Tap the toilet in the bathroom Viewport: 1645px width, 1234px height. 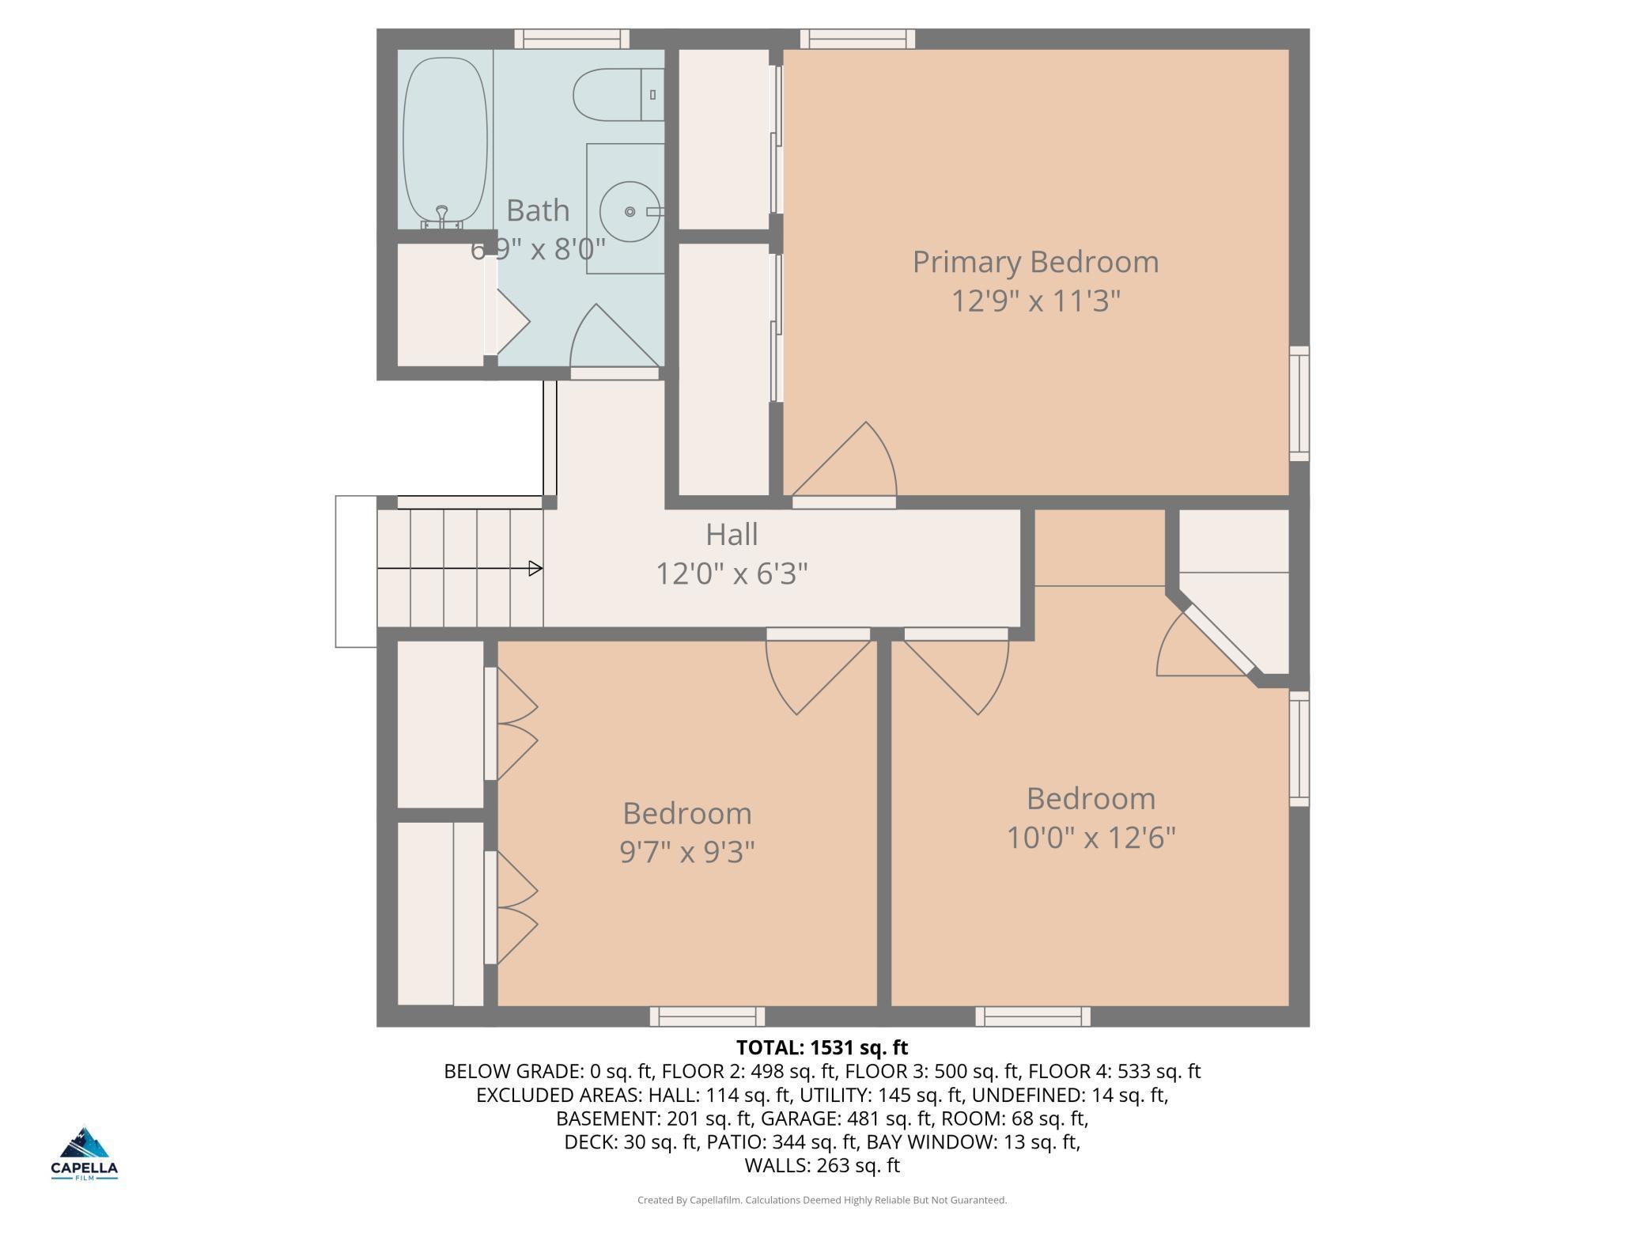coord(618,95)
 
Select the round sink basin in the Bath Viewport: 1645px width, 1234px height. coord(630,212)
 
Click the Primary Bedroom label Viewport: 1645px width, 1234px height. coord(1035,263)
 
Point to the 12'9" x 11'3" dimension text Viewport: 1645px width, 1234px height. coord(1035,301)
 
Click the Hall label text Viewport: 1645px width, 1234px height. coord(732,535)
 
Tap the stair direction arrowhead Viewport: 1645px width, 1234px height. coord(535,568)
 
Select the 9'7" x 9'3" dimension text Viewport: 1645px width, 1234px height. coord(686,852)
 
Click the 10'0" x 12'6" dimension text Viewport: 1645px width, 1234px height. coord(1091,837)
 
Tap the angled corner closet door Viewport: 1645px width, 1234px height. coord(1210,642)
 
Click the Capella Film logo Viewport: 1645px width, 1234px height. coord(85,1153)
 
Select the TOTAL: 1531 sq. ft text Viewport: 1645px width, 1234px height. coord(822,1048)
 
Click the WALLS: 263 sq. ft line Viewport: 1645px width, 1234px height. coord(822,1165)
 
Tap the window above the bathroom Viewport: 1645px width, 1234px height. coord(572,39)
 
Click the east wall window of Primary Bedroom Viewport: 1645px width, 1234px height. coord(1299,403)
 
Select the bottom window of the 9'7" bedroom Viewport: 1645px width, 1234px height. coord(707,1016)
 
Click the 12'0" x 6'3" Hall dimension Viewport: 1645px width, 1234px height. coord(732,573)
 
